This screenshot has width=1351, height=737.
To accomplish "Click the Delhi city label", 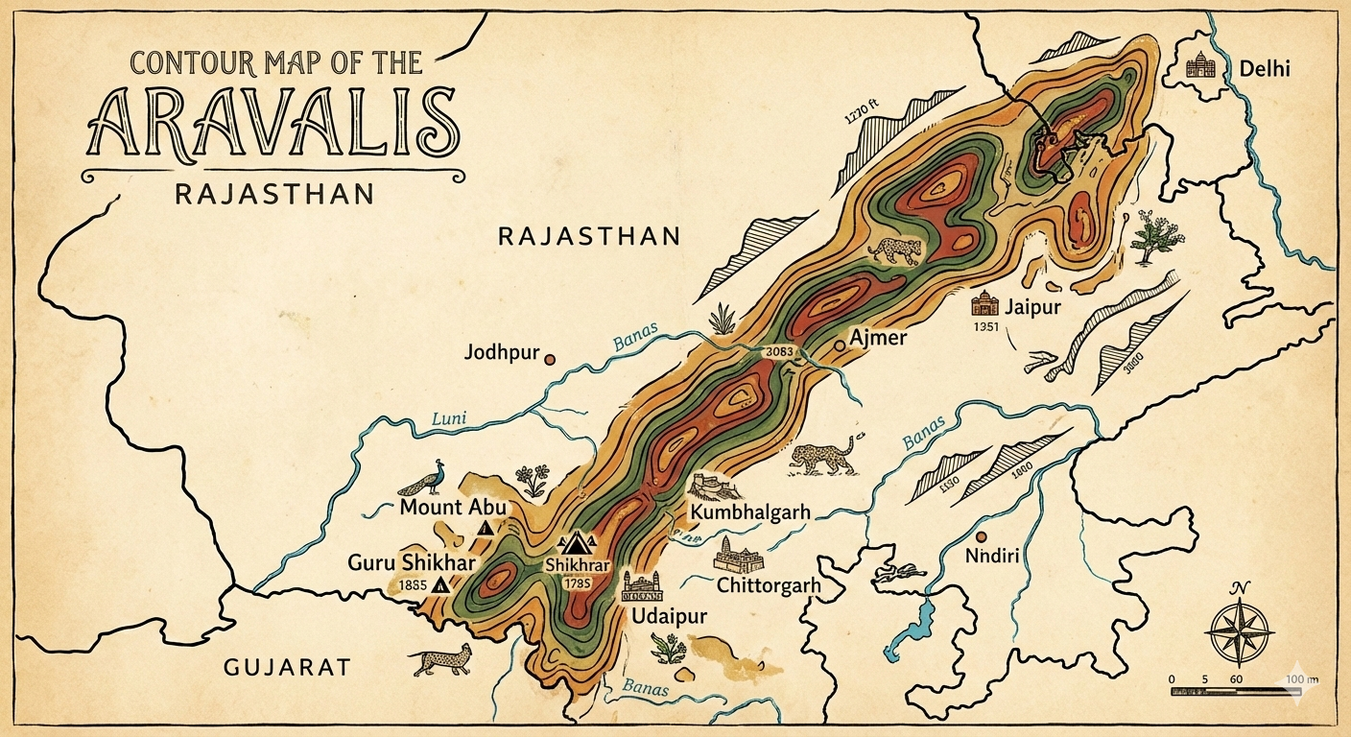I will tap(1265, 69).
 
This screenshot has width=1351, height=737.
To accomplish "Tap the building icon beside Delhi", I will tap(1200, 65).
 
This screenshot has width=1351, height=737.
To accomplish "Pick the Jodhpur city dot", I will tap(550, 360).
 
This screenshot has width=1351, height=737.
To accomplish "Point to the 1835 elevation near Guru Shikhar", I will tap(411, 584).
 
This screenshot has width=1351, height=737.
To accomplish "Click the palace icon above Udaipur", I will tap(641, 586).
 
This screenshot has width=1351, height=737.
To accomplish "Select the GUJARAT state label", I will tap(287, 668).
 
